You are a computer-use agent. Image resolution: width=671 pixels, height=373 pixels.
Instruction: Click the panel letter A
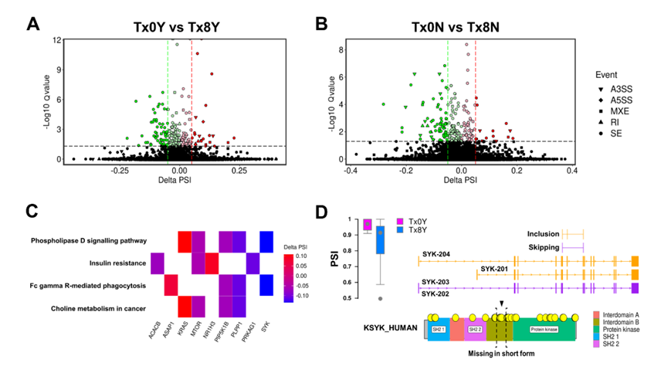click(33, 24)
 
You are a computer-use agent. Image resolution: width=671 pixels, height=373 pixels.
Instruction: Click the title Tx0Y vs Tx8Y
click(176, 25)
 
